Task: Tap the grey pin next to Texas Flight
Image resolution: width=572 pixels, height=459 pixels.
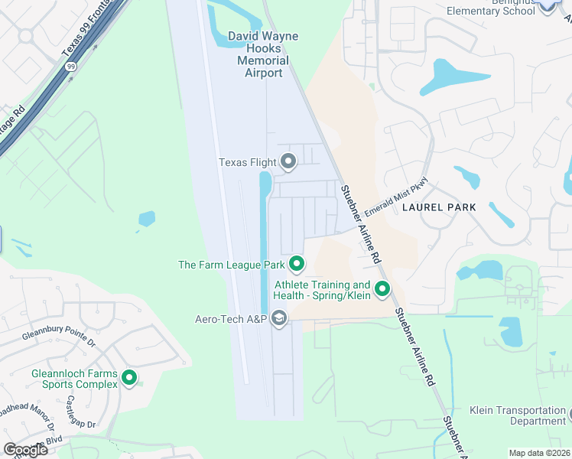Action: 288,161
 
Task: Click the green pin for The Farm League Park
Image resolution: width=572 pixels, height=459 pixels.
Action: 297,265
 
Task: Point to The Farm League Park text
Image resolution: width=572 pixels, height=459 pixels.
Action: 231,265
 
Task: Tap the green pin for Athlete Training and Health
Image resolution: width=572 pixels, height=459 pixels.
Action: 382,290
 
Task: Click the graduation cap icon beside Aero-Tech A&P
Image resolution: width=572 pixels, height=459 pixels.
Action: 279,318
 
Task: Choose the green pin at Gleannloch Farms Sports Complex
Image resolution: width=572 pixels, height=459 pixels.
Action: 129,377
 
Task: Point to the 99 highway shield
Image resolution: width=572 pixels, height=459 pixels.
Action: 70,67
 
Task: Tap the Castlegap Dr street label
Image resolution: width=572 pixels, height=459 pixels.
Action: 80,412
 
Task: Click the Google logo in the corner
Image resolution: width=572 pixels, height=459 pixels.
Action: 25,449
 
